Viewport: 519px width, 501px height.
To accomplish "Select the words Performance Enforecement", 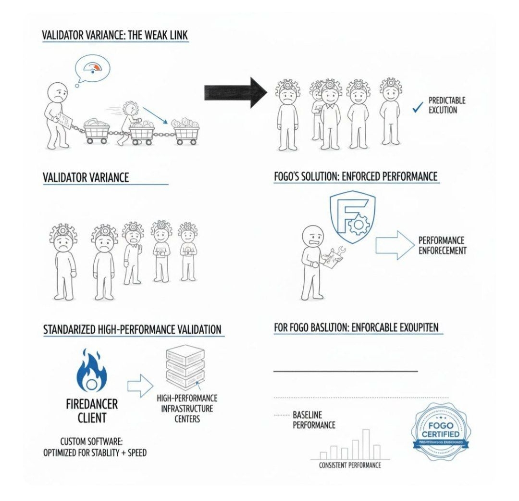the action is pos(442,245).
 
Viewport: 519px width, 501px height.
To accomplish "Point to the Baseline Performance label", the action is pos(313,420).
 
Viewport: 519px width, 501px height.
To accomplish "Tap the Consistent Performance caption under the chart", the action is pos(350,465).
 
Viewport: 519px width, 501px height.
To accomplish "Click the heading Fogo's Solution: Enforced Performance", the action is pos(356,177).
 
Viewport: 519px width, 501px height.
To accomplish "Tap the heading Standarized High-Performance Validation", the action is pos(132,330).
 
